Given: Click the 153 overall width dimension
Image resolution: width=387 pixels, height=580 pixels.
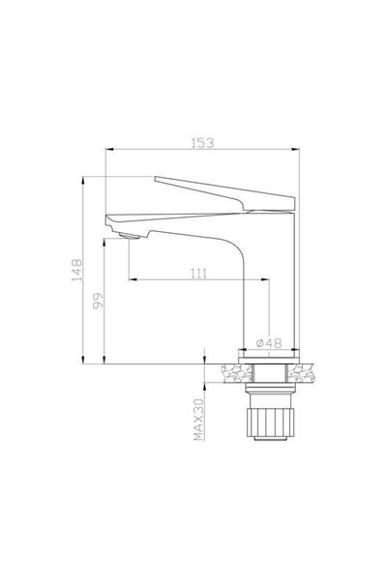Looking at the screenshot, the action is pyautogui.click(x=202, y=143).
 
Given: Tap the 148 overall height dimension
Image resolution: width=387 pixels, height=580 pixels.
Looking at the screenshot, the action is pyautogui.click(x=77, y=270).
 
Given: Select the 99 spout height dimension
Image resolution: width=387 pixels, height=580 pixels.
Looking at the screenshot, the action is pyautogui.click(x=98, y=301).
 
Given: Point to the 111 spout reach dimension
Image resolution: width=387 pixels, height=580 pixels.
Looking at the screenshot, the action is pyautogui.click(x=199, y=274).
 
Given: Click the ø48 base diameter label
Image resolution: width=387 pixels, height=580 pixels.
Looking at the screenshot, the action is pyautogui.click(x=269, y=343).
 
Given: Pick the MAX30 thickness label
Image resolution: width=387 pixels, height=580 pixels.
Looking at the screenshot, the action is pyautogui.click(x=199, y=420).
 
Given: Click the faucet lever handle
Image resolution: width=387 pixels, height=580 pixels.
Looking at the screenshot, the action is pyautogui.click(x=224, y=193).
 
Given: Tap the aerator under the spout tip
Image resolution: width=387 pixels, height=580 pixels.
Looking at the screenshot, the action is pyautogui.click(x=130, y=237).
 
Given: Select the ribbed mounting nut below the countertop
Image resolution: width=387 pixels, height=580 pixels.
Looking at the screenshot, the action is pyautogui.click(x=270, y=422).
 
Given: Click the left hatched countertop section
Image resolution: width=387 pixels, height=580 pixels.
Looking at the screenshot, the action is pyautogui.click(x=236, y=373).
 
